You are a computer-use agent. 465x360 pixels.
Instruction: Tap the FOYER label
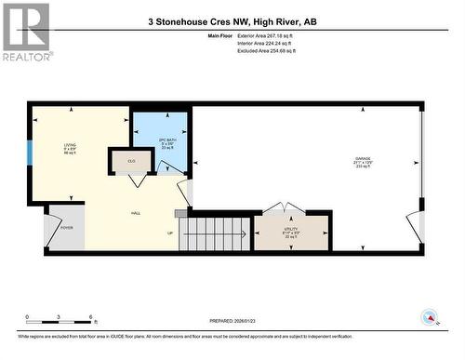coord(67,226)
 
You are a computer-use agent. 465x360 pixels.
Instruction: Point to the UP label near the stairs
coord(169,233)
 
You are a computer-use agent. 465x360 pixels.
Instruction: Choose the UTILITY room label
coord(291,233)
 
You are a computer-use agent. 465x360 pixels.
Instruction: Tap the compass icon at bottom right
coord(430,318)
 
